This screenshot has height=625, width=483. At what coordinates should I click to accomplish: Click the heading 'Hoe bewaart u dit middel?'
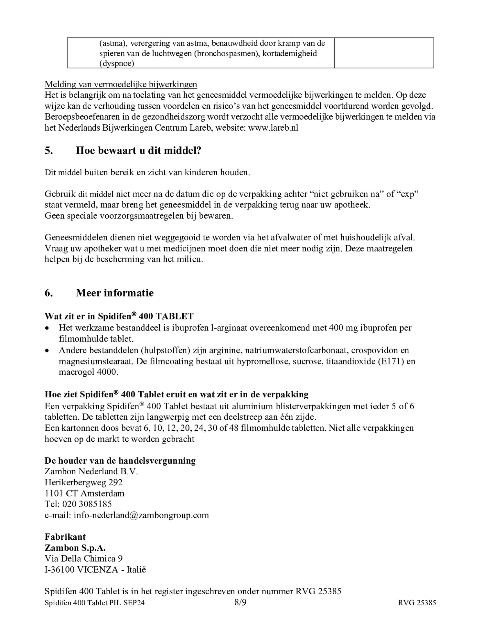point(138,151)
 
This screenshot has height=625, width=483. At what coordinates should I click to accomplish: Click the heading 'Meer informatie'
point(114,293)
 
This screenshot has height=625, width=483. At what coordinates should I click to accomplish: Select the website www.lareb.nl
point(273,128)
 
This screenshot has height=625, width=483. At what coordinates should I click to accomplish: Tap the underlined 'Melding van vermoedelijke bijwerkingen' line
point(121,84)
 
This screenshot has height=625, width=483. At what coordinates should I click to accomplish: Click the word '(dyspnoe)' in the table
point(116,63)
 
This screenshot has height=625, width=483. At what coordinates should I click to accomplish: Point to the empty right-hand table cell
point(384,53)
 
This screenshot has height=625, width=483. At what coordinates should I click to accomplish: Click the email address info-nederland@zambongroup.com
point(141,515)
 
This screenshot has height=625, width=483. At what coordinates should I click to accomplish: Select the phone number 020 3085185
point(87,504)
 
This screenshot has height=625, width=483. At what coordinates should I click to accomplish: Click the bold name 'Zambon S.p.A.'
point(75,548)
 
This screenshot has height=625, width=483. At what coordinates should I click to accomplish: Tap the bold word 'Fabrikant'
point(65,537)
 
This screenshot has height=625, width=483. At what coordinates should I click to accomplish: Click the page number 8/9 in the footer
point(240,602)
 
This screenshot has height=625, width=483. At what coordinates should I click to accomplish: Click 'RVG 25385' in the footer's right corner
point(417,603)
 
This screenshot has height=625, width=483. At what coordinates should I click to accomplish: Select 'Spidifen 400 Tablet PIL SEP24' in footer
point(94,603)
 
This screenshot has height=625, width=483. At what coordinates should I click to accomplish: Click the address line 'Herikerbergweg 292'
point(83,482)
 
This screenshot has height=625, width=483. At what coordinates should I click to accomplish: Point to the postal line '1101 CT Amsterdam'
point(84,493)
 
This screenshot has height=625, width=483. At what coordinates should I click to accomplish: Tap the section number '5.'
point(49,151)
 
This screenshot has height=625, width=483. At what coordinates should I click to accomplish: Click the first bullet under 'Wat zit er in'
point(47,328)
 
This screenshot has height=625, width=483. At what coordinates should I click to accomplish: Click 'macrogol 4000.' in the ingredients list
point(88,372)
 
